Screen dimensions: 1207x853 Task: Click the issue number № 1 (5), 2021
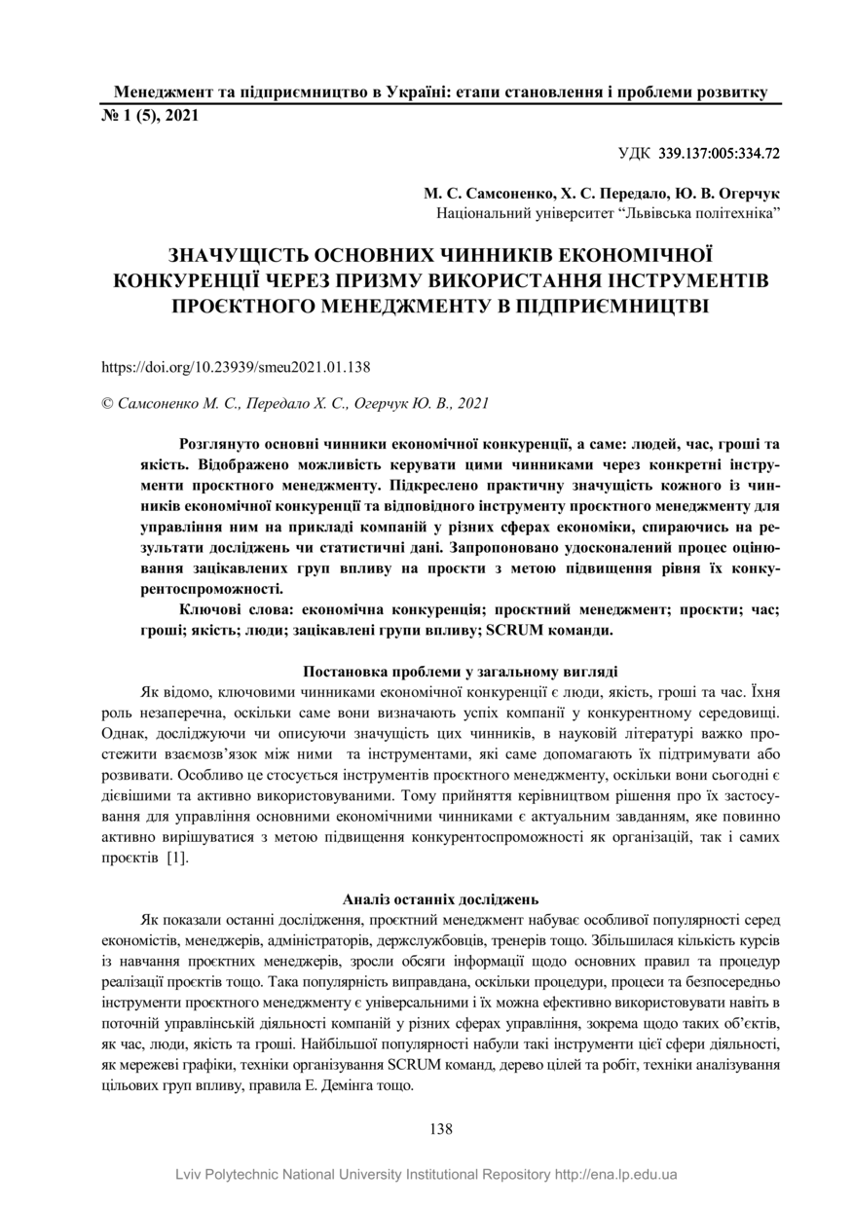click(x=150, y=116)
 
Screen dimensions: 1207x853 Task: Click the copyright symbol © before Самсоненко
click(x=107, y=402)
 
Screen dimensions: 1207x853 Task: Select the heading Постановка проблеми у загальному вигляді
click(x=461, y=671)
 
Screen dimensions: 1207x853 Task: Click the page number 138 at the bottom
click(x=441, y=1129)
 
